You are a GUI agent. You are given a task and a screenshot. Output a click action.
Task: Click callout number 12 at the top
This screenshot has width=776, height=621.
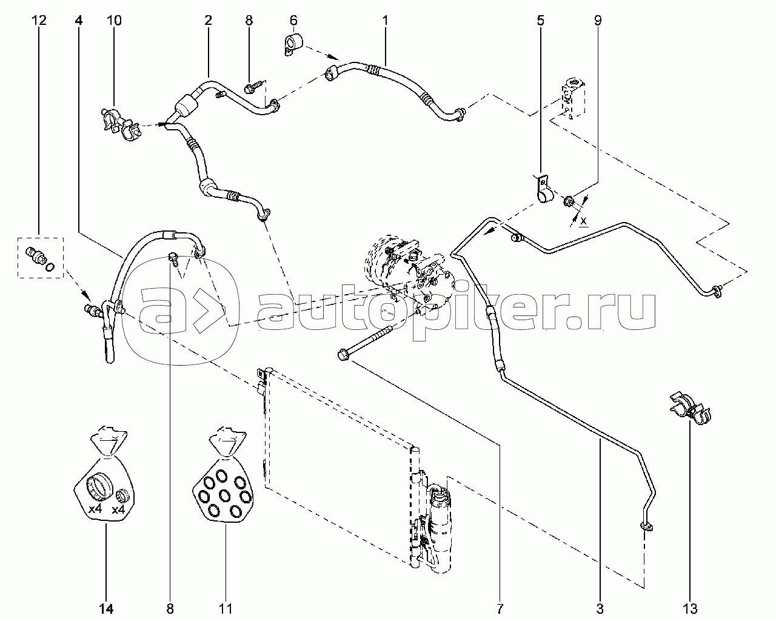click(x=39, y=20)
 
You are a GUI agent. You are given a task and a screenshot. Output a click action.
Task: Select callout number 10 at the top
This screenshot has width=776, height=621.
click(x=113, y=20)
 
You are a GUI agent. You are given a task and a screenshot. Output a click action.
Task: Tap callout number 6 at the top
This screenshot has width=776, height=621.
click(x=293, y=20)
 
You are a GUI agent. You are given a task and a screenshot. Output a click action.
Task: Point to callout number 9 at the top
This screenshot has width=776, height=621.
click(x=598, y=20)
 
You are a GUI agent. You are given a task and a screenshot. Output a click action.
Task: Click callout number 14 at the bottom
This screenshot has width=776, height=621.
click(x=106, y=609)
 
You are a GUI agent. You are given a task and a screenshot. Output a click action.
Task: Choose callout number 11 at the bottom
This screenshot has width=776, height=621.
click(x=226, y=609)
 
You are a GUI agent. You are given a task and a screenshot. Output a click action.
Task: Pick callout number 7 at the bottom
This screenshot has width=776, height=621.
click(x=500, y=609)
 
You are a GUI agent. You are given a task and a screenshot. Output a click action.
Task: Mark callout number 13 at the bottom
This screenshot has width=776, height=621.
click(x=689, y=609)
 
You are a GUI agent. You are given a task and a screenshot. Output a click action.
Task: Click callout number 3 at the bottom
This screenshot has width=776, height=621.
click(x=600, y=609)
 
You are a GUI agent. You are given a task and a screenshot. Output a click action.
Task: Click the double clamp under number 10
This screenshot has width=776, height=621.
click(x=121, y=123)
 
